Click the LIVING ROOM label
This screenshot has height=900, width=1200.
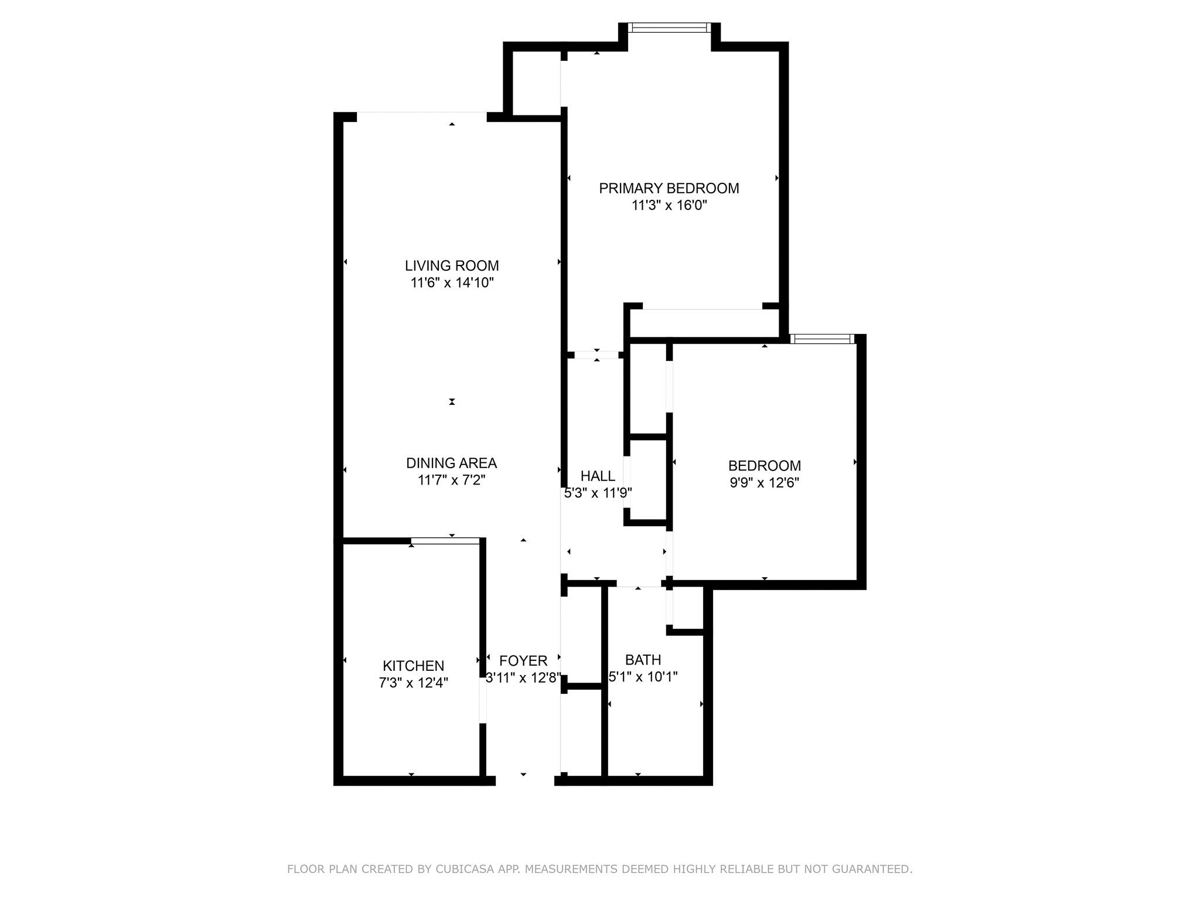click(452, 265)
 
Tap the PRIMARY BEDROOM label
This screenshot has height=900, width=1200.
click(669, 188)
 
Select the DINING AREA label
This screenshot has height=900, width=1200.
click(451, 463)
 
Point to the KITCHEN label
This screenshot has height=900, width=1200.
click(413, 666)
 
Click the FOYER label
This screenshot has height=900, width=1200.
click(523, 660)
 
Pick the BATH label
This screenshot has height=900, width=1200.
click(643, 660)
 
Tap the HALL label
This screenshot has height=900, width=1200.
click(598, 476)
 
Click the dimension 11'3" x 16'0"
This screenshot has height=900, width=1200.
click(669, 206)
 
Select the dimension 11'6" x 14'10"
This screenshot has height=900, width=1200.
click(452, 283)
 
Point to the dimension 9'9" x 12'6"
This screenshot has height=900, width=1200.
click(764, 483)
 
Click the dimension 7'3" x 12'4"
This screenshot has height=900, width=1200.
click(413, 683)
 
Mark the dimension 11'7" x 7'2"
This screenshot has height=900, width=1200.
click(451, 480)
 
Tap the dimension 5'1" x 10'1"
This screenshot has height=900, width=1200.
click(643, 677)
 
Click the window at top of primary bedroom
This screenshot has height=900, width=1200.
click(669, 28)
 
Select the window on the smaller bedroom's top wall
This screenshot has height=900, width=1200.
click(822, 339)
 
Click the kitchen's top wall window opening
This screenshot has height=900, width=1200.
click(446, 541)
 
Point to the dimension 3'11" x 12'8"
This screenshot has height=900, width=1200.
click(523, 678)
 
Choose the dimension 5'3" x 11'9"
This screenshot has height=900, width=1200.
click(598, 493)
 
